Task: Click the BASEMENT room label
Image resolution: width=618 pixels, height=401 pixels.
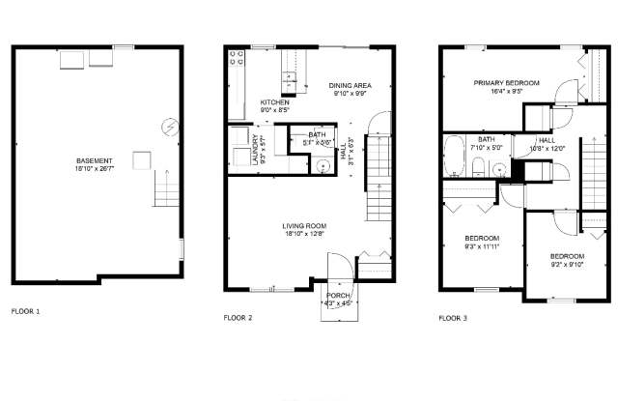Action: (95, 160)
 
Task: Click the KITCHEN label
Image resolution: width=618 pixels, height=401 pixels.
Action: (274, 102)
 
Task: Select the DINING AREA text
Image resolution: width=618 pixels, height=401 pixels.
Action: (351, 85)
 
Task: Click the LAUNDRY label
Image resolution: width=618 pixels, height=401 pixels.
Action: (257, 150)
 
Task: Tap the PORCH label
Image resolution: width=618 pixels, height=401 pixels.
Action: (338, 296)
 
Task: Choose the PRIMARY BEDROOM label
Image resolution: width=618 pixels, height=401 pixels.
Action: (506, 84)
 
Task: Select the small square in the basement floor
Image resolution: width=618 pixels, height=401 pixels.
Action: (142, 160)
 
